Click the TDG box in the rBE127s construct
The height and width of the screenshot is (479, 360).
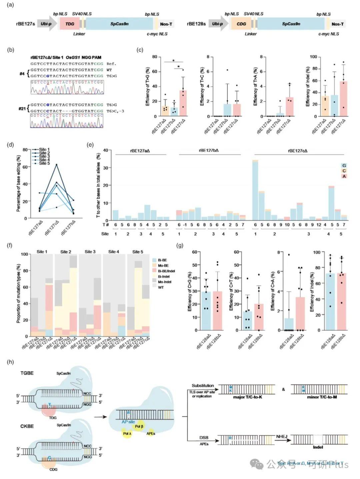click(x=70, y=24)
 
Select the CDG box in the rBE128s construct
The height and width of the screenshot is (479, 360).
click(x=241, y=24)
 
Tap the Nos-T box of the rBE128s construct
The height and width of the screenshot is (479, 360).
click(x=337, y=24)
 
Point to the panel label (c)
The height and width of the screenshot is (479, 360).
click(x=140, y=50)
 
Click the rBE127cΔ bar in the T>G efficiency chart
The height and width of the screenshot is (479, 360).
click(x=183, y=103)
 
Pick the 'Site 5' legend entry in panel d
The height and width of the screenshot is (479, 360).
click(x=44, y=163)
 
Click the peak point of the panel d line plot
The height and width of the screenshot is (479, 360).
click(x=56, y=164)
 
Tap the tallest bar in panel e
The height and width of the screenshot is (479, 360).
click(x=255, y=190)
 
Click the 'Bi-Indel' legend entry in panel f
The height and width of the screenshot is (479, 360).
click(x=162, y=276)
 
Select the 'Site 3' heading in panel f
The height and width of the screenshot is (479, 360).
click(x=90, y=252)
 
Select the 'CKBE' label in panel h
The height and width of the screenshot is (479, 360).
click(x=27, y=426)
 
